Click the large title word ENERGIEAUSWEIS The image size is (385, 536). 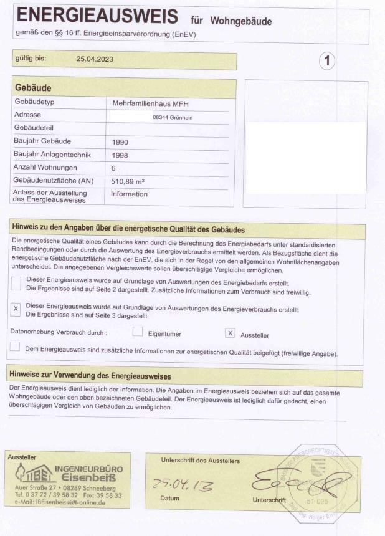click(x=97, y=16)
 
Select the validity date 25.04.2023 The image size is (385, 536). click(x=95, y=60)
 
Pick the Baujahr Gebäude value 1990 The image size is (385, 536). click(x=121, y=141)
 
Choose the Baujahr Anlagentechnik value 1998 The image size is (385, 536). click(x=121, y=155)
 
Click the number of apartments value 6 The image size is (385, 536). click(x=114, y=168)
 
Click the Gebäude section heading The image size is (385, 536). click(x=32, y=88)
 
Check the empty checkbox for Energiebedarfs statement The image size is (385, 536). click(x=16, y=284)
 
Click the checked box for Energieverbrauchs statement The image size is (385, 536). click(x=16, y=309)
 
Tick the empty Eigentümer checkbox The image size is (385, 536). click(x=138, y=333)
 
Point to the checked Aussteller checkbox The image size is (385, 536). click(x=230, y=333)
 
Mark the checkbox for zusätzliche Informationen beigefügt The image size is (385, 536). click(x=15, y=347)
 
